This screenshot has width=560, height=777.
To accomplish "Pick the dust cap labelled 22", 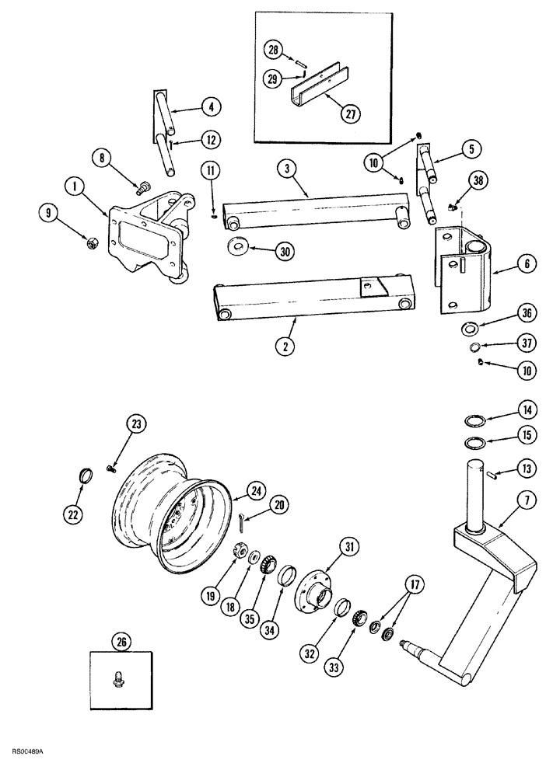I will pos(89,473).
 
